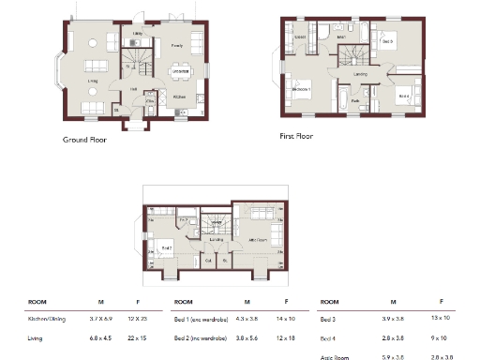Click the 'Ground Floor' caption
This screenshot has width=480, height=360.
tap(84, 140)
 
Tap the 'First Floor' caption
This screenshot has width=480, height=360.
tap(296, 136)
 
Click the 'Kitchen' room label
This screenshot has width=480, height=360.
tap(178, 97)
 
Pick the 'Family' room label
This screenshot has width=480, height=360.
tap(176, 45)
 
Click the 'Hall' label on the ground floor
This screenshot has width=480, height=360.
tap(134, 89)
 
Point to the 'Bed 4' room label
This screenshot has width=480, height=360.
tap(403, 96)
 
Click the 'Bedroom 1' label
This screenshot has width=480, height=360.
tap(302, 89)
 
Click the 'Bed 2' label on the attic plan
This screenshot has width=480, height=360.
tap(166, 247)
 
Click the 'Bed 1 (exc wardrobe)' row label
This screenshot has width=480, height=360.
tap(201, 320)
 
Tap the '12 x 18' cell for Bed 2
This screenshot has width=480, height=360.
tap(287, 337)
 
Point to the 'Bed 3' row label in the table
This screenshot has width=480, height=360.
tap(327, 320)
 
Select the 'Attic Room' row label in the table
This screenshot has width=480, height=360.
tap(332, 355)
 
